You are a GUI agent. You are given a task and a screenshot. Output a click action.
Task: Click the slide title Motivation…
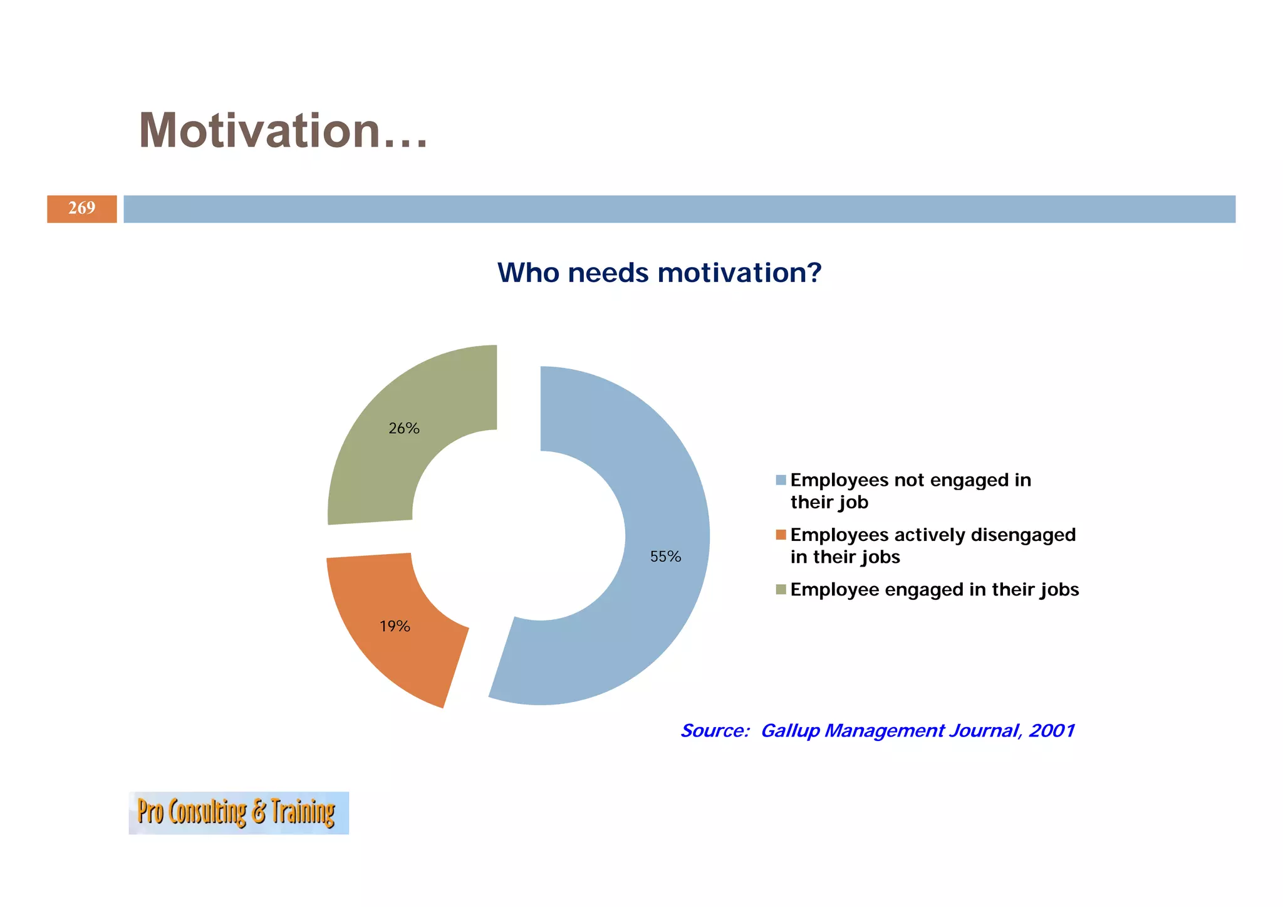[283, 131]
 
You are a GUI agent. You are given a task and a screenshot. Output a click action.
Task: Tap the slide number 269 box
[82, 209]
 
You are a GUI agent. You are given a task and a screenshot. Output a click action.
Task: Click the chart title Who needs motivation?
[659, 273]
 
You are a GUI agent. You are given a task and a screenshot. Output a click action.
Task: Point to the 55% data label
[665, 557]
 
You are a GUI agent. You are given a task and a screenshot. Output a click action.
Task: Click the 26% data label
[404, 429]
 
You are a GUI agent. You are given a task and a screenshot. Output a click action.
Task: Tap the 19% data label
[395, 626]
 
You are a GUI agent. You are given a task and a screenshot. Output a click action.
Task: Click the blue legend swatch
[781, 480]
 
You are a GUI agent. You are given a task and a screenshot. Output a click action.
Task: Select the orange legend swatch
[781, 535]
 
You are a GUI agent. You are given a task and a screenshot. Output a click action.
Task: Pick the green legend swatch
[781, 589]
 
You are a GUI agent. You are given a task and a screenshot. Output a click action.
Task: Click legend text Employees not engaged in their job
[910, 491]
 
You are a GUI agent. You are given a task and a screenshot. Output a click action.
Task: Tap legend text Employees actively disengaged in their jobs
[932, 545]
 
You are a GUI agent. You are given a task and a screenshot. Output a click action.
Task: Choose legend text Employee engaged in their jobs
[934, 590]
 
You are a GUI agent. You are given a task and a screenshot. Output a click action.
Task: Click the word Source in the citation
[714, 731]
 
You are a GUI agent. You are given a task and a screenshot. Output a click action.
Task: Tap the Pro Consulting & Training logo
[239, 812]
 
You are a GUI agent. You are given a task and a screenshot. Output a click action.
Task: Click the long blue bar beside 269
[679, 209]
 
